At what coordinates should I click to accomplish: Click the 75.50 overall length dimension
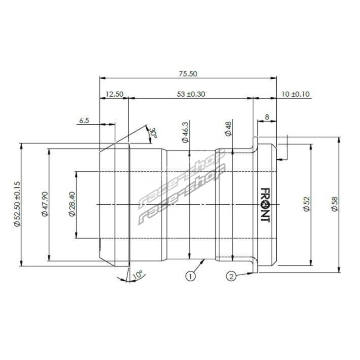(188, 74)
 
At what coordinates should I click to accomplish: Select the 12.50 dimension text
(114, 94)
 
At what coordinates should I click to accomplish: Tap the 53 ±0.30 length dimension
(191, 94)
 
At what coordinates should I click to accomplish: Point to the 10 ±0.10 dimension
(296, 94)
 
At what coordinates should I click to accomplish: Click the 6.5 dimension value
(84, 121)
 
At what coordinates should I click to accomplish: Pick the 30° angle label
(153, 132)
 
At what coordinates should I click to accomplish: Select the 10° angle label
(138, 274)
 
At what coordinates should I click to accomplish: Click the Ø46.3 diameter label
(185, 132)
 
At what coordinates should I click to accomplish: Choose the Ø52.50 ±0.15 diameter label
(17, 204)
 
